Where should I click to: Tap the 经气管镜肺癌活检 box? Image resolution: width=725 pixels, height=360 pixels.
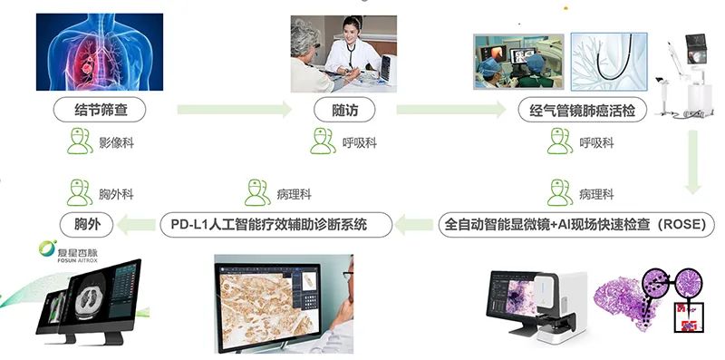tap(579, 112)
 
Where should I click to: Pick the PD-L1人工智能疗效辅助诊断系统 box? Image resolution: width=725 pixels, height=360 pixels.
tap(275, 221)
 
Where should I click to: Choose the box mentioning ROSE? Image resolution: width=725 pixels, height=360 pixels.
tap(577, 221)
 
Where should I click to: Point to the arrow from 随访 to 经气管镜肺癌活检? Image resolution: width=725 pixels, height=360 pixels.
tap(450, 110)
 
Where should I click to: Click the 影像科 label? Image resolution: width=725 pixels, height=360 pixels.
tap(116, 143)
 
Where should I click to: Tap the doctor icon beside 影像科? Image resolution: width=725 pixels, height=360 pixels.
tap(81, 141)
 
